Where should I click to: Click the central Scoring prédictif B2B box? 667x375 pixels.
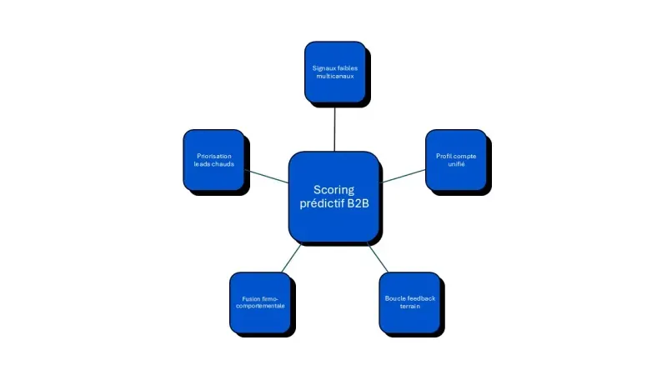point(334,197)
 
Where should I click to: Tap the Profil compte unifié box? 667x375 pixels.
point(456,159)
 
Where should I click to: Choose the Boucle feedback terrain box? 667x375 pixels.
point(409,301)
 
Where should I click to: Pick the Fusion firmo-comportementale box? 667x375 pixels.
point(259,301)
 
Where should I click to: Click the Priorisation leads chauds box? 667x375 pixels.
point(213,159)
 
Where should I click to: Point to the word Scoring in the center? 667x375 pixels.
point(334,189)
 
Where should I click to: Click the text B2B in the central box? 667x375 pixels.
point(357,203)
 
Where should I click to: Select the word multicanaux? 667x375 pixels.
point(334,76)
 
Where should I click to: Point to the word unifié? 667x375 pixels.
point(456,164)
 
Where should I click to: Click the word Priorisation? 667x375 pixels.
point(213,156)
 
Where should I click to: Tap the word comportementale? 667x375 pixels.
point(259,306)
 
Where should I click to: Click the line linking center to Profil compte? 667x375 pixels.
point(403,176)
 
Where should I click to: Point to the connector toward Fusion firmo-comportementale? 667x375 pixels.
point(291,257)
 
